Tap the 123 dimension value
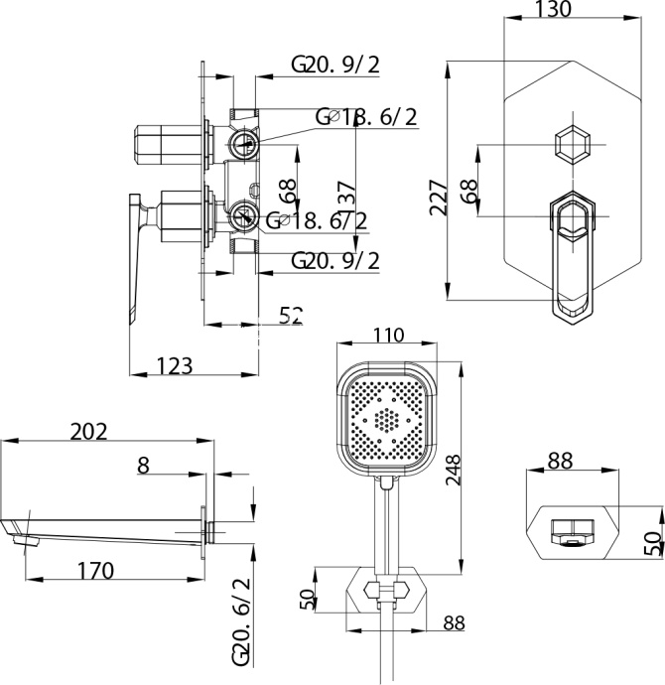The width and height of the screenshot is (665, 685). coord(175,365)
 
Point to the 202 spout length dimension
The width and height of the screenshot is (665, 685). coord(88,431)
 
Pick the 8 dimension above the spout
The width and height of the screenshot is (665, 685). coord(143,465)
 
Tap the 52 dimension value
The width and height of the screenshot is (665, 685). coord(290,316)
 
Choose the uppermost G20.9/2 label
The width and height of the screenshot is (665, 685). coord(335,66)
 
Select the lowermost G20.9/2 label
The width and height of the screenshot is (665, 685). coord(335,260)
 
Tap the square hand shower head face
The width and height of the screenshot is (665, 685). coord(386,416)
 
